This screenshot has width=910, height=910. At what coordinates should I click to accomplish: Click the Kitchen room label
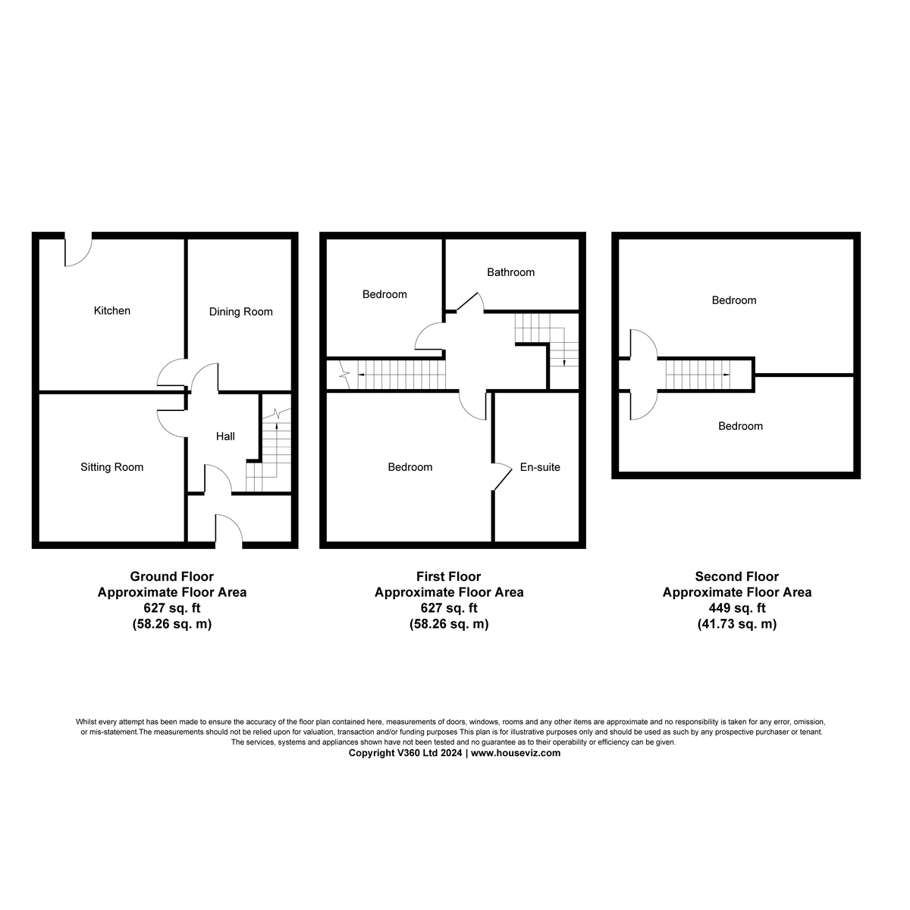click(x=112, y=310)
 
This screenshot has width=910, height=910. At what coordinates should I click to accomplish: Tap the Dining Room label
click(x=240, y=312)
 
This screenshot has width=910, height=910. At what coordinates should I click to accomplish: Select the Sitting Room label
click(x=112, y=467)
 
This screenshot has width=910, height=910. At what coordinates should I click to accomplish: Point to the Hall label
click(x=225, y=436)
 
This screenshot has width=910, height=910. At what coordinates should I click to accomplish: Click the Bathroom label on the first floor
click(x=510, y=272)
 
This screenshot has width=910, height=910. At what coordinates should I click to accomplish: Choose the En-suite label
click(x=540, y=467)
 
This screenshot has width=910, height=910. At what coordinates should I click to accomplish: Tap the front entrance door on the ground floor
click(x=228, y=530)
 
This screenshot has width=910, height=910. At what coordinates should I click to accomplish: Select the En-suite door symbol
click(x=501, y=476)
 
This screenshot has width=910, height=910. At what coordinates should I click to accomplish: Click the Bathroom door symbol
click(x=469, y=301)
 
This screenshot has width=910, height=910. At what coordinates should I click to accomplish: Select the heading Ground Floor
click(x=172, y=576)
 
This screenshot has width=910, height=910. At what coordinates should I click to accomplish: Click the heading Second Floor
click(x=736, y=576)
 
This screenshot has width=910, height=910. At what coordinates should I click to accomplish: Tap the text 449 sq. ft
click(x=736, y=608)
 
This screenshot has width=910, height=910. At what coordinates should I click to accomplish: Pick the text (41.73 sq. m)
click(x=736, y=624)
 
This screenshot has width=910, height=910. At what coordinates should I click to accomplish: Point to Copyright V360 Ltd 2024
click(x=405, y=753)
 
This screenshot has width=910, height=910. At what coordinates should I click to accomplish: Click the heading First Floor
click(x=448, y=576)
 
